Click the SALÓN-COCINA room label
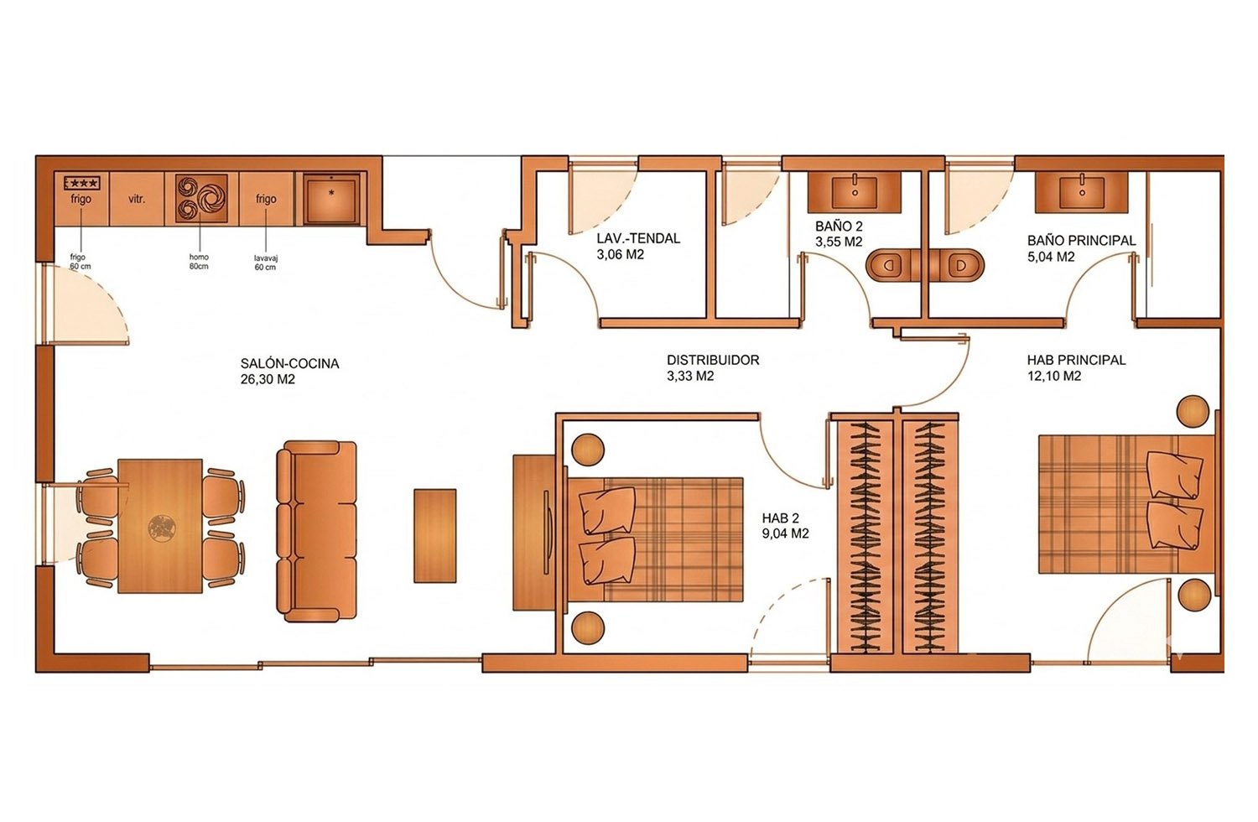290,363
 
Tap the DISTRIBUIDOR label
713,360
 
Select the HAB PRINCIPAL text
1076,360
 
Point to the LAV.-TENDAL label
638,238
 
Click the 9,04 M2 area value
785,533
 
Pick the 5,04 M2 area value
1051,257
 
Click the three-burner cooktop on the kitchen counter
201,197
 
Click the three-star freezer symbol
82,183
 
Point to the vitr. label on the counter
137,199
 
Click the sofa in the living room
317,531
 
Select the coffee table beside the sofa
434,535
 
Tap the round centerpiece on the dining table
163,528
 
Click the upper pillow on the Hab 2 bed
608,510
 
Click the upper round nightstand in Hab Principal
1193,411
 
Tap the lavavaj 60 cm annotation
266,263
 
